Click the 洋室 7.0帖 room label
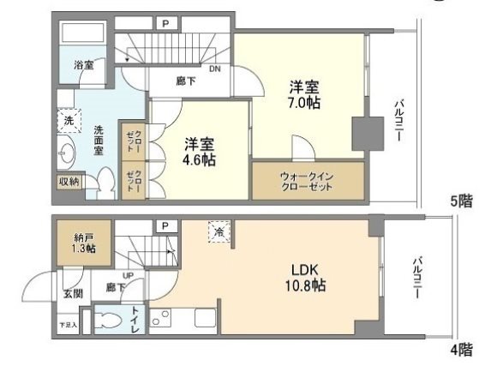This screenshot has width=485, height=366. pyautogui.click(x=304, y=93)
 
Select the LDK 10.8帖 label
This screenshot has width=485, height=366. pyautogui.click(x=306, y=275)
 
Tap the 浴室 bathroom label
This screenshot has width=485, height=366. pyautogui.click(x=83, y=65)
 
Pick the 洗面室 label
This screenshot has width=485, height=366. pyautogui.click(x=99, y=141)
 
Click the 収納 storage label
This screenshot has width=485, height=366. pyautogui.click(x=69, y=182)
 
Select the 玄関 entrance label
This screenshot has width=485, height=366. pyautogui.click(x=73, y=294)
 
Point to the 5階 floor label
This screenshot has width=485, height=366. pyautogui.click(x=461, y=203)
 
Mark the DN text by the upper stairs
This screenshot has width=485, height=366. pyautogui.click(x=214, y=70)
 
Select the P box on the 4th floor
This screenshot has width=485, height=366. pyautogui.click(x=164, y=225)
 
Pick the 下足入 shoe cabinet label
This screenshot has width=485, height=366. pyautogui.click(x=67, y=326)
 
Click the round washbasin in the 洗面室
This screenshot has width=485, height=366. pyautogui.click(x=68, y=154)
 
